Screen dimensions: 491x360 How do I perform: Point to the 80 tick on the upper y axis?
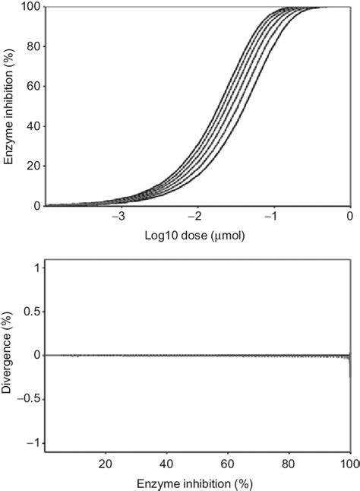(x=32, y=47)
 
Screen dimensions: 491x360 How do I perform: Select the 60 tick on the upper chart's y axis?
(x=32, y=87)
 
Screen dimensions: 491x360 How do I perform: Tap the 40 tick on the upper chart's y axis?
(x=32, y=126)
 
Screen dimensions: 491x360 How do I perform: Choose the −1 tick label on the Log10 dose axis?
(x=272, y=217)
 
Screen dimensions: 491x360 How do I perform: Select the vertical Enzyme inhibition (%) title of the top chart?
(x=8, y=106)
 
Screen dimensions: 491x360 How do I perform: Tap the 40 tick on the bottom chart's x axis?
(x=167, y=462)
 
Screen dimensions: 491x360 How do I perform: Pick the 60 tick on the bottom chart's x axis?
(x=228, y=462)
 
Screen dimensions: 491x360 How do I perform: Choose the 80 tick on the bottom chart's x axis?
(x=289, y=462)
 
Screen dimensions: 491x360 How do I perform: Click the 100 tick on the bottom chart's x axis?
(x=348, y=462)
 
